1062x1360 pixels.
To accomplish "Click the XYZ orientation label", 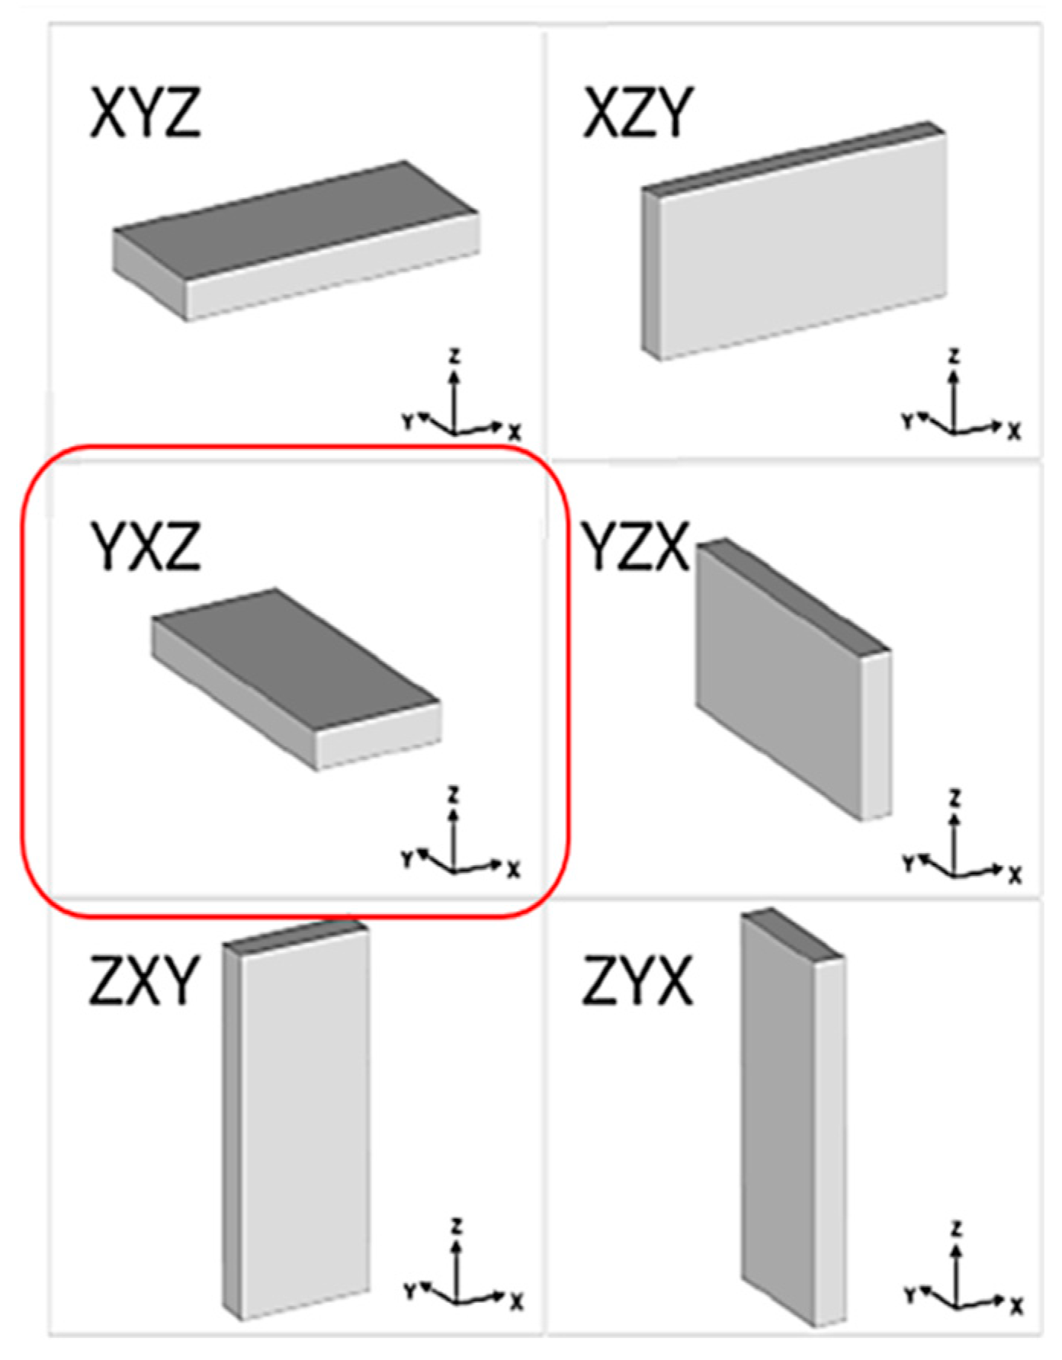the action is click(x=145, y=112).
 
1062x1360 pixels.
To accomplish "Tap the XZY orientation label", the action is click(x=638, y=112).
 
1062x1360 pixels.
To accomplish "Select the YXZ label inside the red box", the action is click(x=145, y=546).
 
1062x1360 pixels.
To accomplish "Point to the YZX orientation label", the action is click(x=635, y=546).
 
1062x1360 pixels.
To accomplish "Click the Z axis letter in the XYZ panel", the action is click(x=454, y=355).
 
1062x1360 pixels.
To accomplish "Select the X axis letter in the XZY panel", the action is click(x=1014, y=432).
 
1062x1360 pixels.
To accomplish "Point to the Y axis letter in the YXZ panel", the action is click(x=408, y=859).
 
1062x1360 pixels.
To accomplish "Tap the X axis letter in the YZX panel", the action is click(x=1015, y=874).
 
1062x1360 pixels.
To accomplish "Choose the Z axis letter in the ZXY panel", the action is click(x=456, y=1227).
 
